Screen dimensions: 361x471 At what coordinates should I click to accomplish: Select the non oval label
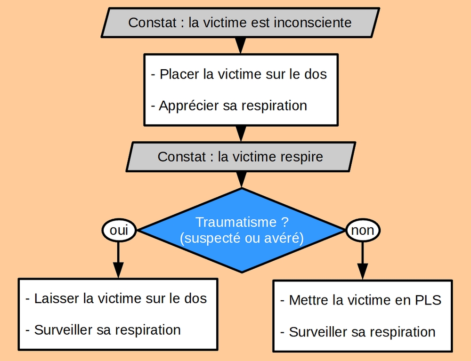tap(363, 230)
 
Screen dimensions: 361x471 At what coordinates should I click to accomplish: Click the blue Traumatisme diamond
tap(242, 230)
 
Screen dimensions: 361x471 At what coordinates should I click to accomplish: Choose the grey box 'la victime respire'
tap(241, 156)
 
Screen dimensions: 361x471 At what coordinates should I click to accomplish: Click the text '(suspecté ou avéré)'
tap(242, 238)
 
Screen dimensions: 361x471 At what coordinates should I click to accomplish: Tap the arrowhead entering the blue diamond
tap(241, 180)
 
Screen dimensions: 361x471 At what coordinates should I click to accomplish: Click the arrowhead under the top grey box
tap(241, 45)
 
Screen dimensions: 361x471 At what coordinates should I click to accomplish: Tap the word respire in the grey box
tap(302, 156)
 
